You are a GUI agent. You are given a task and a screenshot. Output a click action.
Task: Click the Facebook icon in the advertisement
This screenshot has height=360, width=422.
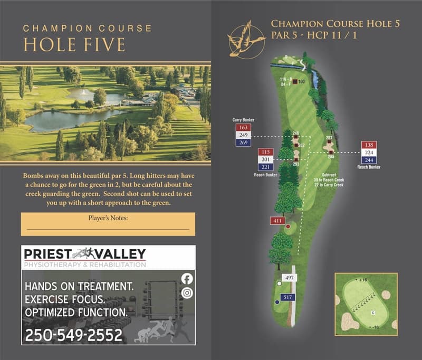[187, 279]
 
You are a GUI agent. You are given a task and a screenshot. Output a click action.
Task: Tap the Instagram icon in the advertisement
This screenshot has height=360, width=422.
[187, 293]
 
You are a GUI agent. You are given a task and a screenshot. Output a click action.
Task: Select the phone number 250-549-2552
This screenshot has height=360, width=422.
[74, 335]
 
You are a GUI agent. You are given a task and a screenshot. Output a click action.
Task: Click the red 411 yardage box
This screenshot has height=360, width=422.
[278, 221]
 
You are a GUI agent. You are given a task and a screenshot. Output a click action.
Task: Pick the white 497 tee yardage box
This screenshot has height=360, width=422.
[289, 278]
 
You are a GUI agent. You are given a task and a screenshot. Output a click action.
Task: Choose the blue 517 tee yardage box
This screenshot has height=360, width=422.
[287, 297]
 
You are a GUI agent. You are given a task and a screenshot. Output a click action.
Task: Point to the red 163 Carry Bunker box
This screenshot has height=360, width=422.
[243, 128]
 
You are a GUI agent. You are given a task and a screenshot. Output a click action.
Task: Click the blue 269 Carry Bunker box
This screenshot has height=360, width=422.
[243, 143]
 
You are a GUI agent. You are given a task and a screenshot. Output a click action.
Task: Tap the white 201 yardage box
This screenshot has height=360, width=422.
[265, 159]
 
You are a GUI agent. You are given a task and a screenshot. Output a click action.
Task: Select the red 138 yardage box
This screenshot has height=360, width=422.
[369, 145]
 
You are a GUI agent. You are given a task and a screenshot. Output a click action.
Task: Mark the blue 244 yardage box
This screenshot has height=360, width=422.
[369, 160]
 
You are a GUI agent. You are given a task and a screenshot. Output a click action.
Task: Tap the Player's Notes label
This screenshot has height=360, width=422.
[107, 217]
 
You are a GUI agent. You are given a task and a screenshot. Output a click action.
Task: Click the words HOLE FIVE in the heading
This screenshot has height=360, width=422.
[74, 44]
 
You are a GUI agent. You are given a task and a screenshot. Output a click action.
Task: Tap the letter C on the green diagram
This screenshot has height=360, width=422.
[373, 313]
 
